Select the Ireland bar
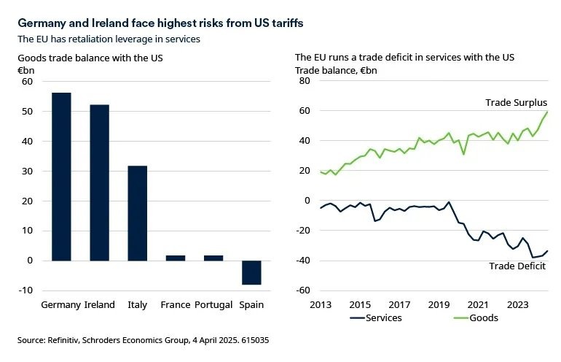99,182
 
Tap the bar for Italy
137,213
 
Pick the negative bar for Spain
251,272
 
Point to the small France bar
176,258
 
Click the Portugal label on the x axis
213,304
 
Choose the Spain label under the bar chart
251,304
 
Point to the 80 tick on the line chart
305,81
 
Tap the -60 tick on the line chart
302,290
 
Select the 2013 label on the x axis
321,304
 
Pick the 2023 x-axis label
517,304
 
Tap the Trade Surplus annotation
516,103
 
